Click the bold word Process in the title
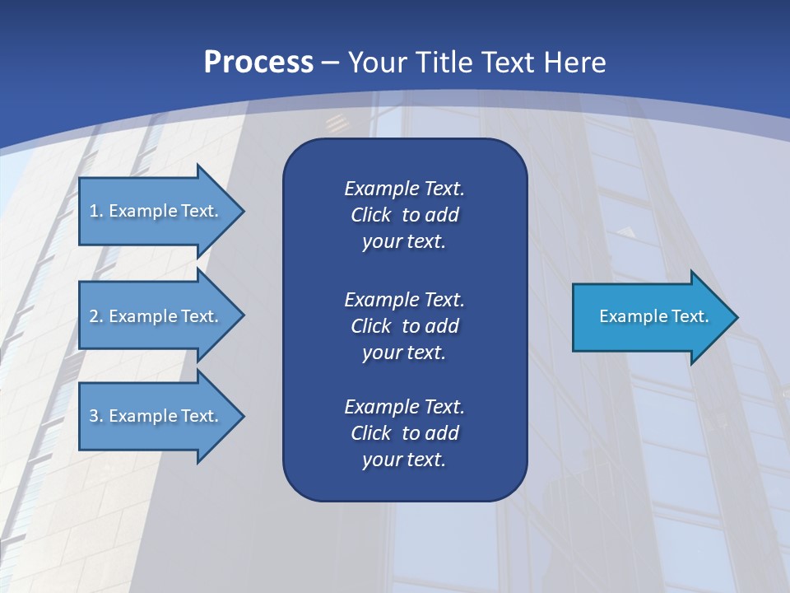tap(258, 63)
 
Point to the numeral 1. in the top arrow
tap(96, 211)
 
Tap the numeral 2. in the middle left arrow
tap(96, 316)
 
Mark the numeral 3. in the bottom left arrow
tap(96, 416)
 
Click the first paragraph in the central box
tap(404, 215)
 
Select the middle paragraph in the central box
tap(404, 326)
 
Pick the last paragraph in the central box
tap(404, 433)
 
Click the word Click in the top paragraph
tap(370, 215)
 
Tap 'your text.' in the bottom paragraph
tap(404, 460)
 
